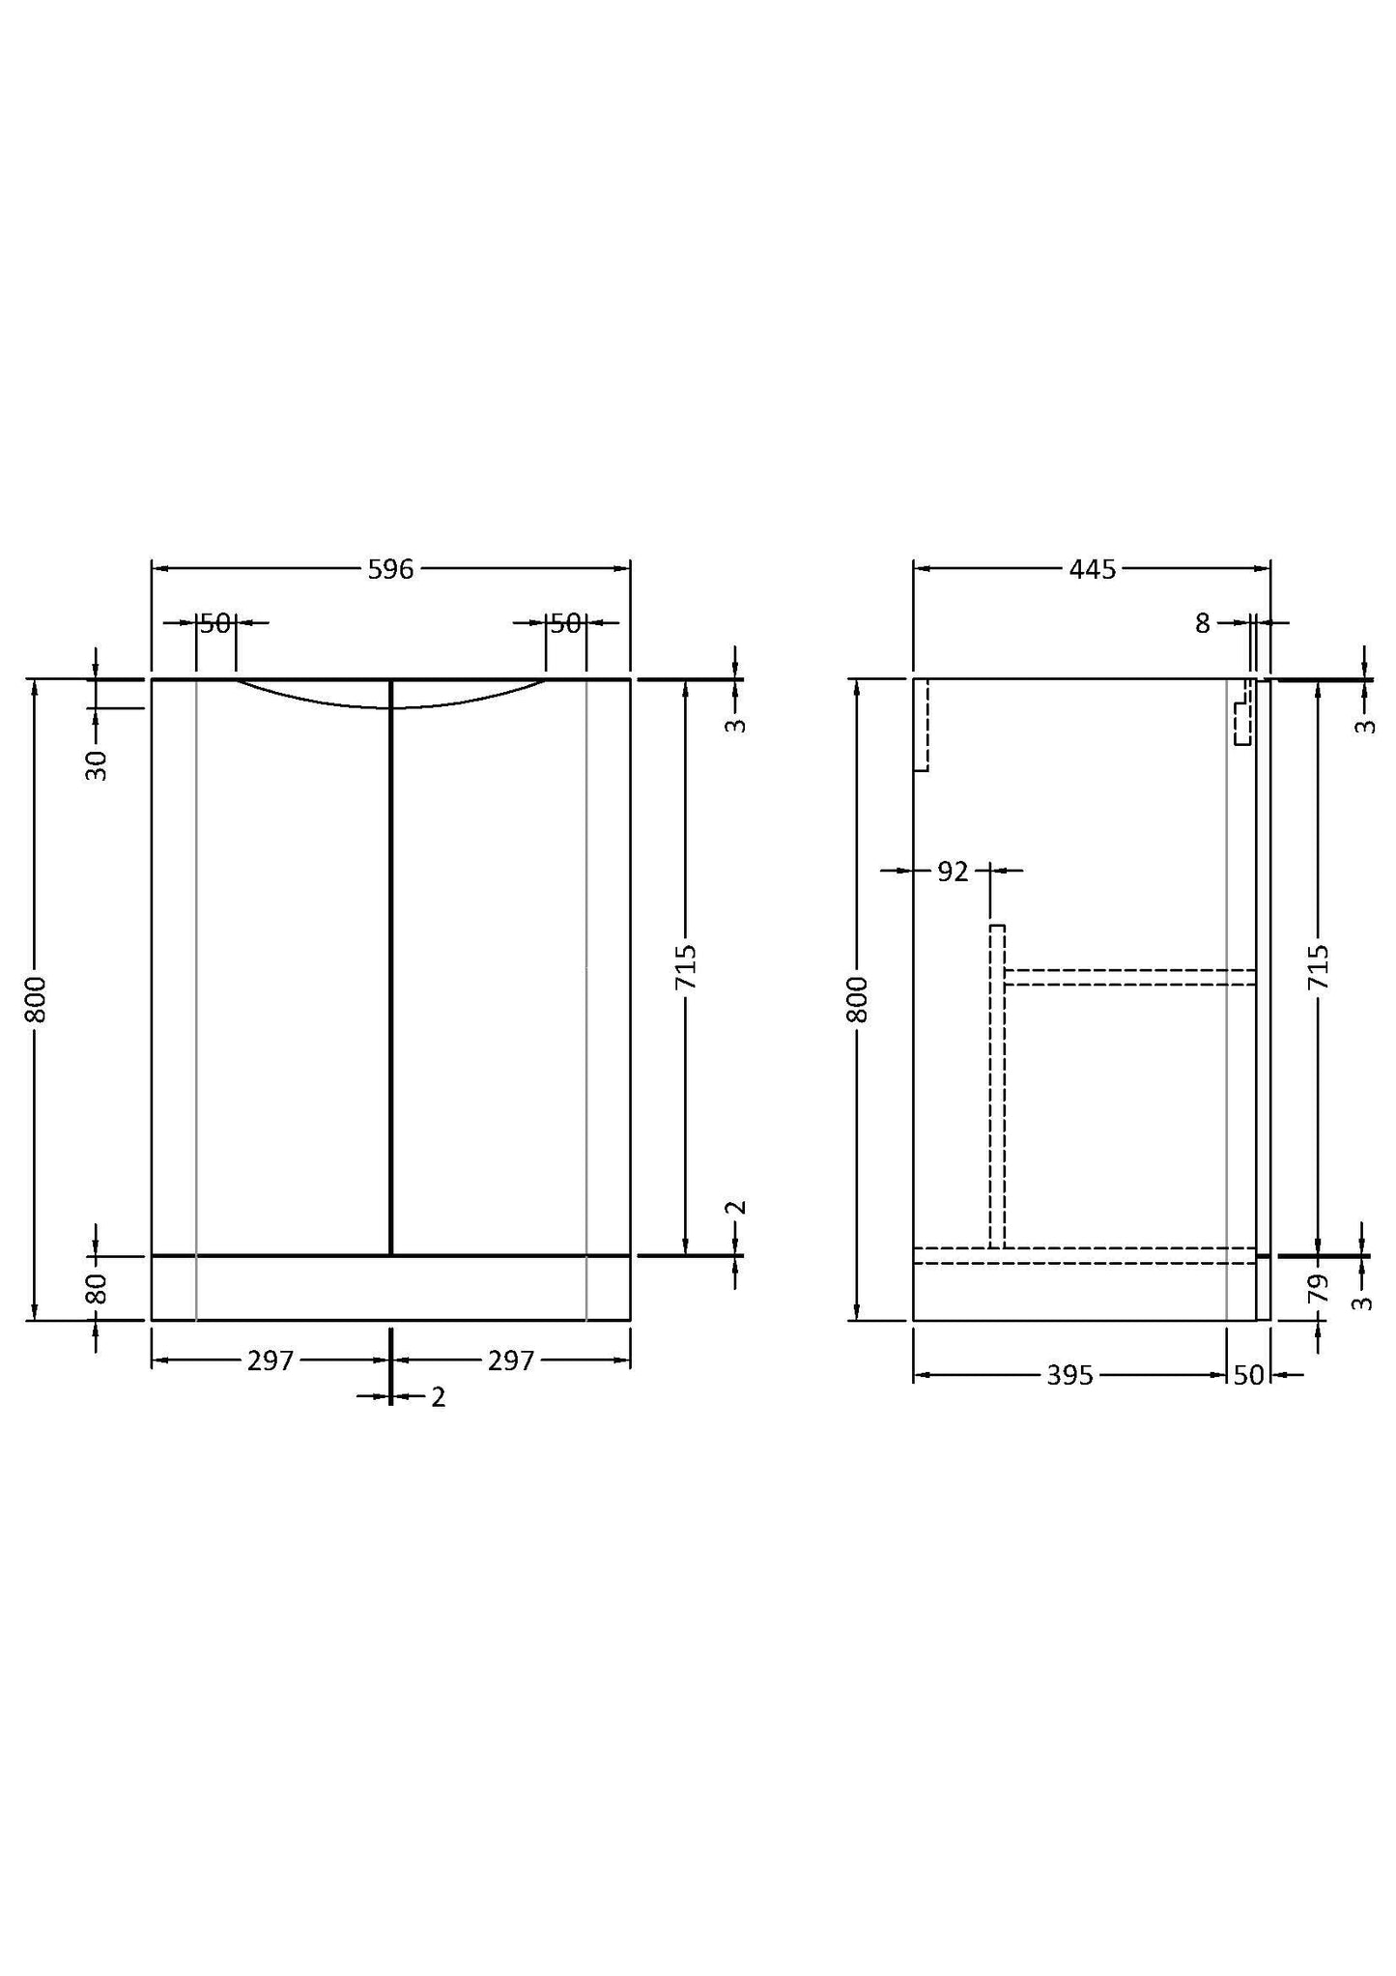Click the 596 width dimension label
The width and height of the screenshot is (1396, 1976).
(x=390, y=570)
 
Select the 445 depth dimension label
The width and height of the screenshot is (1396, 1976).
(x=1092, y=570)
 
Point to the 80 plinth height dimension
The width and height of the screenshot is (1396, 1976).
(x=98, y=1288)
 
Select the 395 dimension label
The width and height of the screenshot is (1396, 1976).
(x=1069, y=1375)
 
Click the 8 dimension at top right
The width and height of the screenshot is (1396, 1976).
(x=1202, y=624)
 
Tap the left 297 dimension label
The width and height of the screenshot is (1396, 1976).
(x=270, y=1360)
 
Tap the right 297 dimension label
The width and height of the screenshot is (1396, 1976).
(x=510, y=1360)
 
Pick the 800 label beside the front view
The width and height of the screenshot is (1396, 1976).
(x=36, y=1000)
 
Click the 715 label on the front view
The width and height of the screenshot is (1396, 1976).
(x=686, y=966)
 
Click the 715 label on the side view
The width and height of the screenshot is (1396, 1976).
(x=1319, y=966)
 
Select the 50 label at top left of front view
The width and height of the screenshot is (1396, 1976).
(x=216, y=624)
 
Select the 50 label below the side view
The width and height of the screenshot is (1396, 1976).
(x=1248, y=1375)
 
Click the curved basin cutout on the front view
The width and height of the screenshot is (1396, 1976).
(x=390, y=703)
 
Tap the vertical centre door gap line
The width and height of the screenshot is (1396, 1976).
(x=390, y=966)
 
